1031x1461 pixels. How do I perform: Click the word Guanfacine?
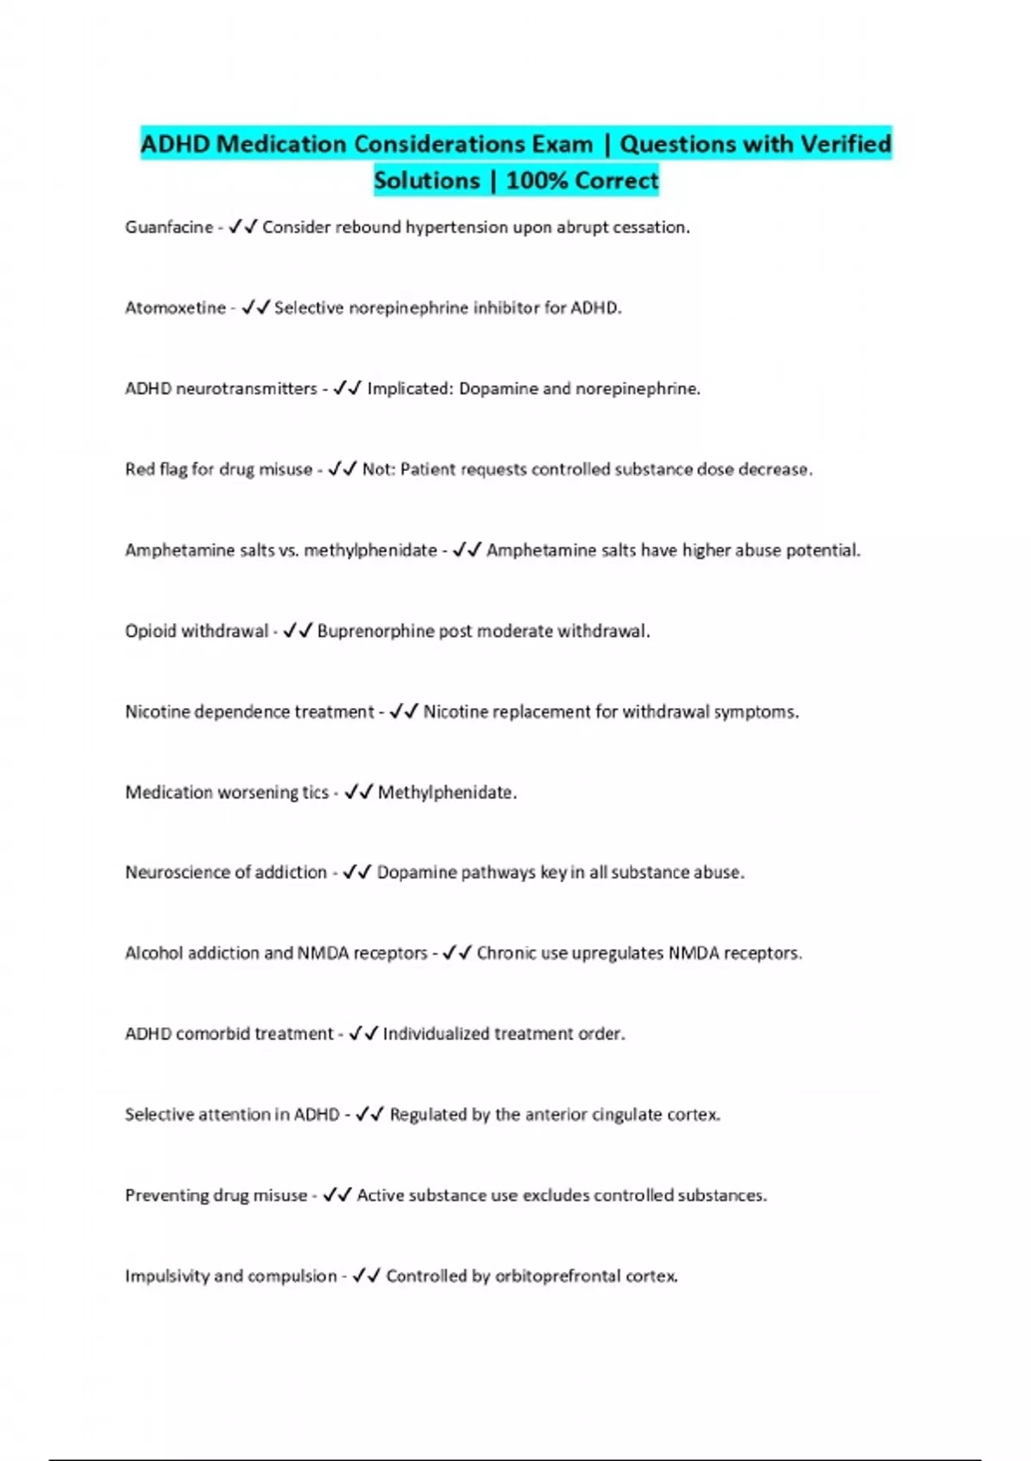tap(168, 227)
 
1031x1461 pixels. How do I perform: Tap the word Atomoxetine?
tap(175, 308)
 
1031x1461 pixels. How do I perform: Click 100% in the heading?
tap(536, 180)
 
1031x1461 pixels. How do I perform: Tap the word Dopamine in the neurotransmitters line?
tap(497, 388)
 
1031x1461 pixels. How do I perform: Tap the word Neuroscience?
tap(180, 872)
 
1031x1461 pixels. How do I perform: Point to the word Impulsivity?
tap(167, 1276)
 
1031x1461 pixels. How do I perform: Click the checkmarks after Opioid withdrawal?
tap(297, 631)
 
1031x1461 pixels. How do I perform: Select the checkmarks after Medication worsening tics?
tap(358, 792)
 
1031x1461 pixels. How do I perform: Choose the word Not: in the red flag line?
tap(378, 469)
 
